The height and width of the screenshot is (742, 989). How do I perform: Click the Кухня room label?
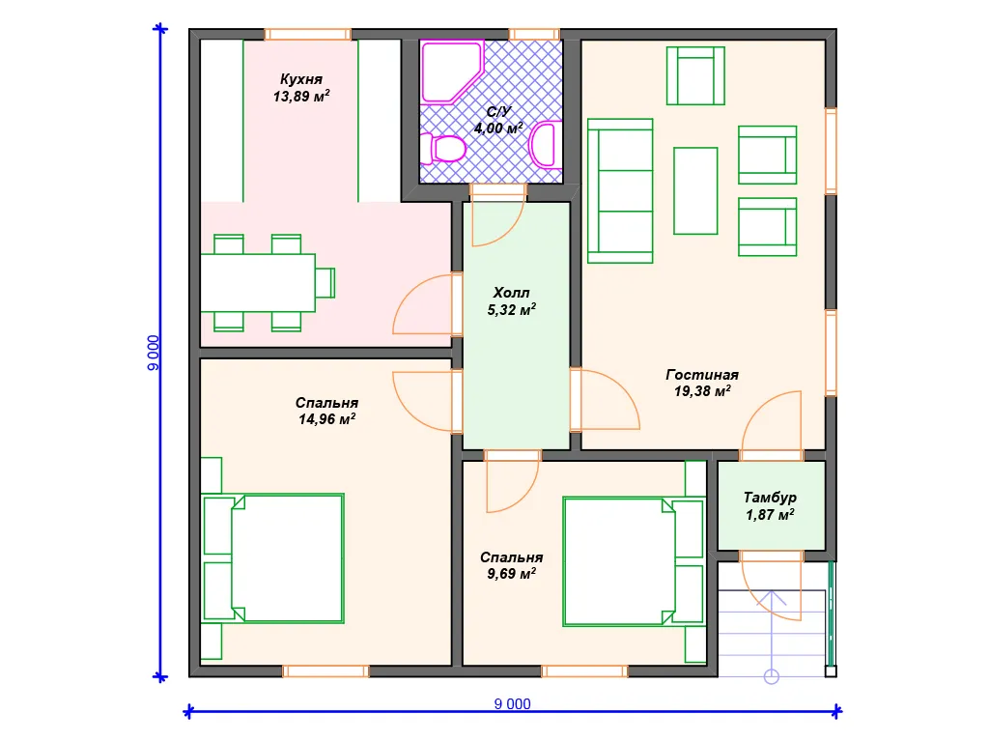tap(301, 79)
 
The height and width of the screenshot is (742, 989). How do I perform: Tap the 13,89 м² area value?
tap(301, 97)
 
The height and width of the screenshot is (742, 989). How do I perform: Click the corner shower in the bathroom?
tap(452, 71)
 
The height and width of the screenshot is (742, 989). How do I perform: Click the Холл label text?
tap(511, 293)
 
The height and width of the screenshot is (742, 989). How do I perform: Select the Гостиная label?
tap(702, 375)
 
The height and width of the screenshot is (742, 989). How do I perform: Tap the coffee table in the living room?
tap(695, 190)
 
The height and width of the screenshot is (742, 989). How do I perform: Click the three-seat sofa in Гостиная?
tap(620, 190)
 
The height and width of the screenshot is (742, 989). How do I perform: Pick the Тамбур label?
tap(770, 498)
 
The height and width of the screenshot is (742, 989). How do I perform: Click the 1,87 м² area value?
tap(770, 515)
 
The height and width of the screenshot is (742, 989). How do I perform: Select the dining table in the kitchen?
tap(258, 283)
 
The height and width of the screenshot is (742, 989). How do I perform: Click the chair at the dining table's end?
tap(325, 283)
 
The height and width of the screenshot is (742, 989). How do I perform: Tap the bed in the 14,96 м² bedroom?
tap(272, 558)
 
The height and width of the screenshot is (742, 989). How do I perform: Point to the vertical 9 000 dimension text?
tap(154, 353)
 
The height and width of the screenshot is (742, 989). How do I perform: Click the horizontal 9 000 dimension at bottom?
tap(512, 704)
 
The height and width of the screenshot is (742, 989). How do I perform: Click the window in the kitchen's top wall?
tap(308, 34)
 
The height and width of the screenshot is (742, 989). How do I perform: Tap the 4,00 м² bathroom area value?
tap(498, 128)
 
